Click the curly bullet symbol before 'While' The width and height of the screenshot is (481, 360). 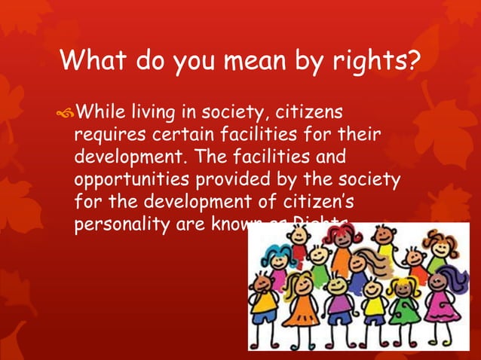(x=66, y=115)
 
